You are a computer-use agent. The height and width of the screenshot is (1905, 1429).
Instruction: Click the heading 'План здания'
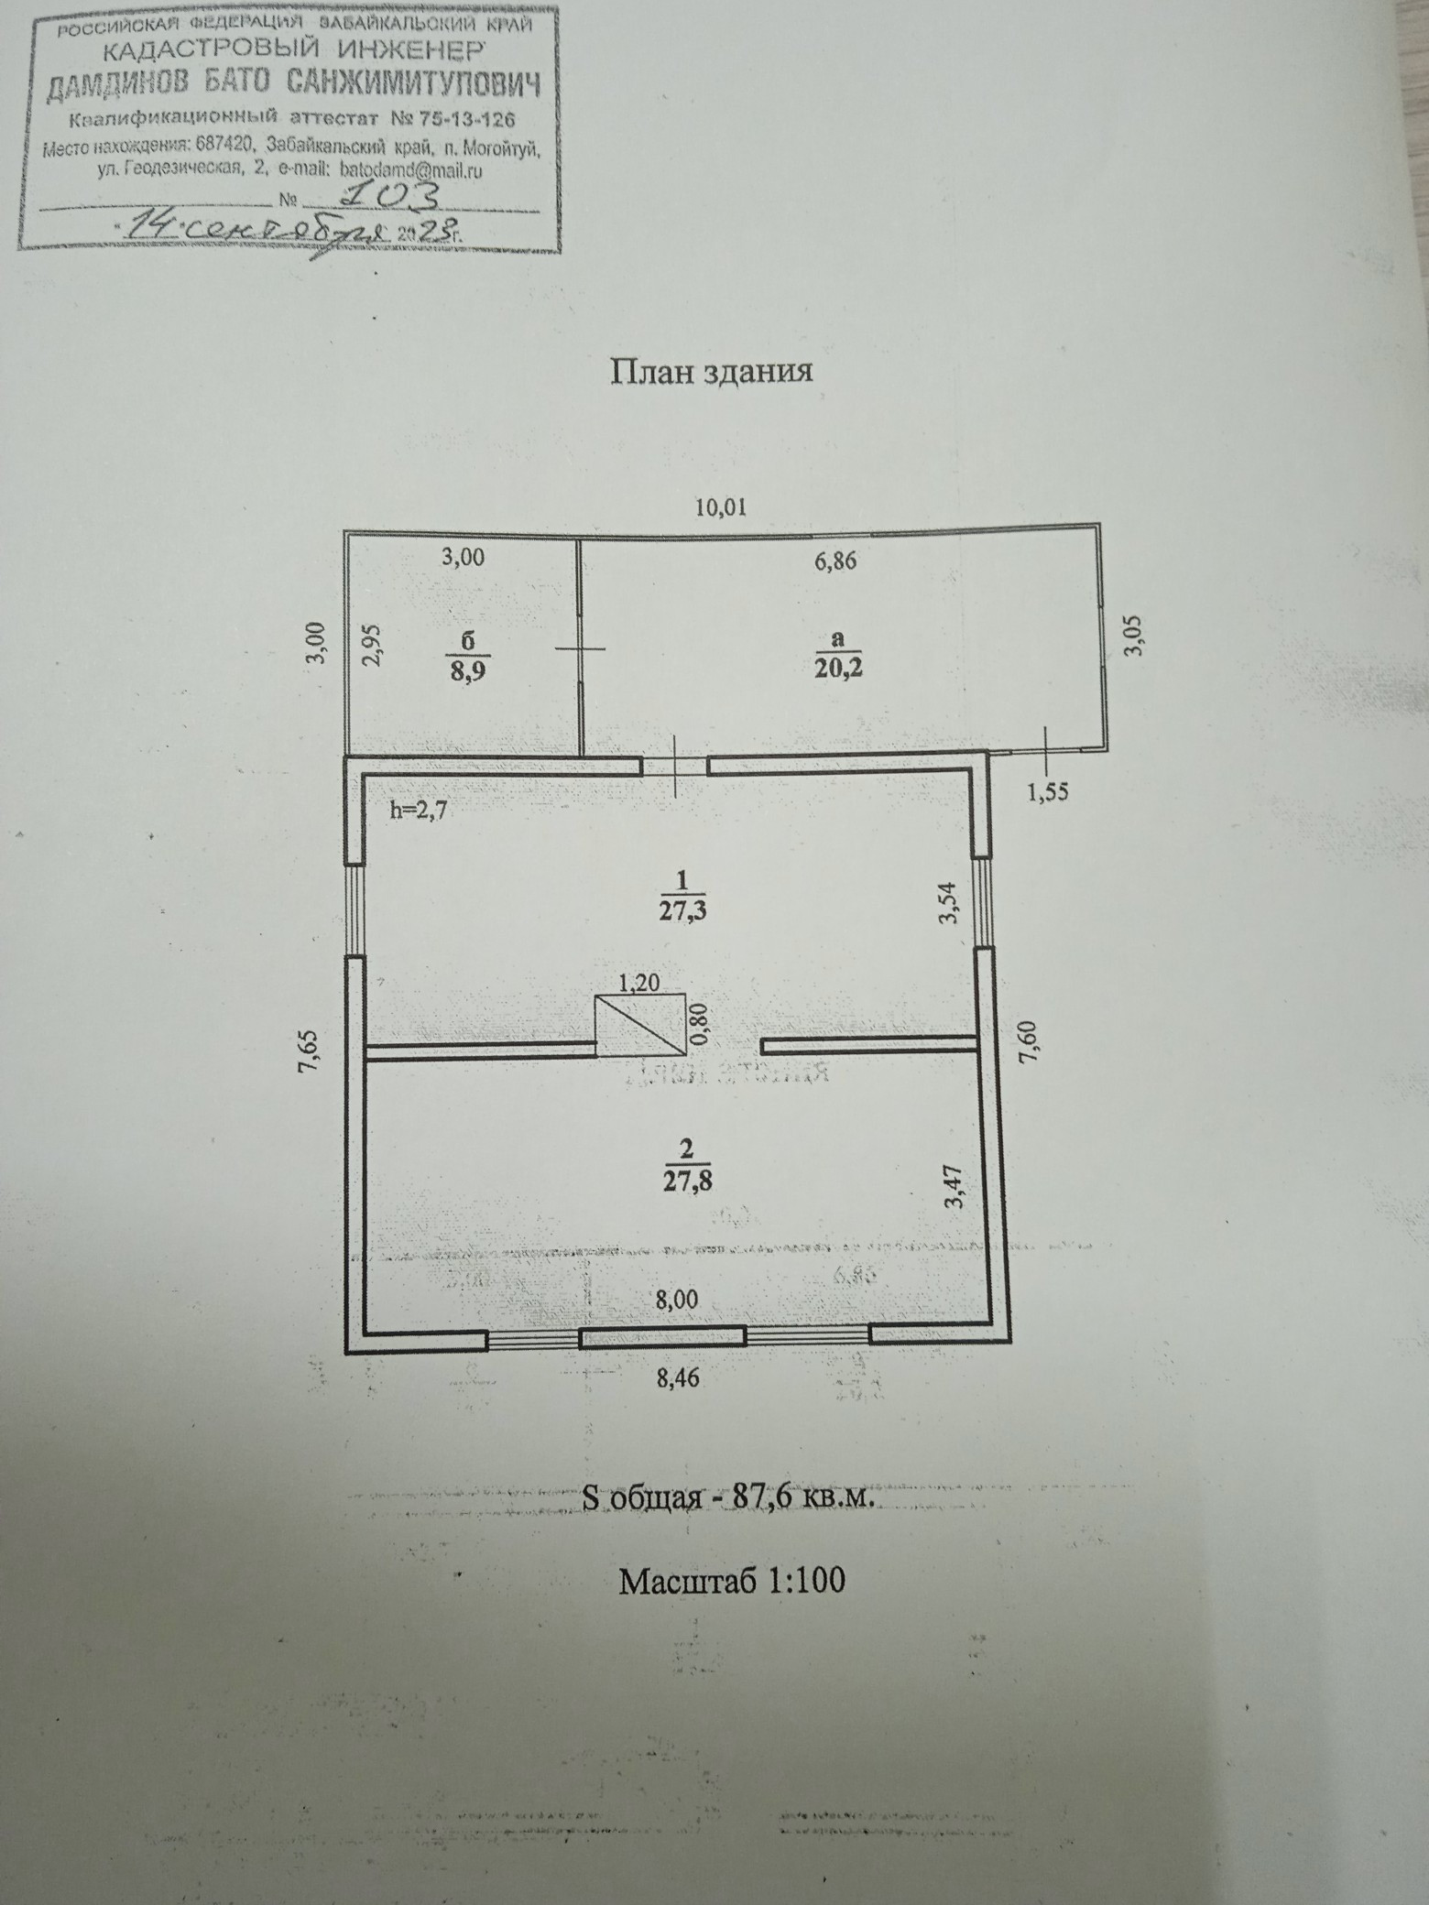[711, 372]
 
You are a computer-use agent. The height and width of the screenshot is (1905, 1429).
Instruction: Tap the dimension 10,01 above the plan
[721, 506]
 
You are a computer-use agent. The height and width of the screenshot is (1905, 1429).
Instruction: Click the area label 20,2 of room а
[838, 667]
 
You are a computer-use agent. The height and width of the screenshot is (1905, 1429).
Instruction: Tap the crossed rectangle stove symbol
[640, 1025]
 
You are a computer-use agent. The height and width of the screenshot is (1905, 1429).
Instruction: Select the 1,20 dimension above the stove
[638, 984]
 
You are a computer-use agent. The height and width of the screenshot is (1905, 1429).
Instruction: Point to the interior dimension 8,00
[678, 1300]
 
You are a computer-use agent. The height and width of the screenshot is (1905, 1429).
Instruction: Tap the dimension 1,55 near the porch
[1048, 793]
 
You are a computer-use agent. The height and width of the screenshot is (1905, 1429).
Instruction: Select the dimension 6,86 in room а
[834, 561]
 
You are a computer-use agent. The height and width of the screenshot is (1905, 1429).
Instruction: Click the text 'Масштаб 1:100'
[731, 1582]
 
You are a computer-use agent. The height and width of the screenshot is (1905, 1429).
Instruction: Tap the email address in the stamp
[410, 169]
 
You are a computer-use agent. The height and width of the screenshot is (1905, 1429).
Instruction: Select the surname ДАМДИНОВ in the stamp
[119, 87]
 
